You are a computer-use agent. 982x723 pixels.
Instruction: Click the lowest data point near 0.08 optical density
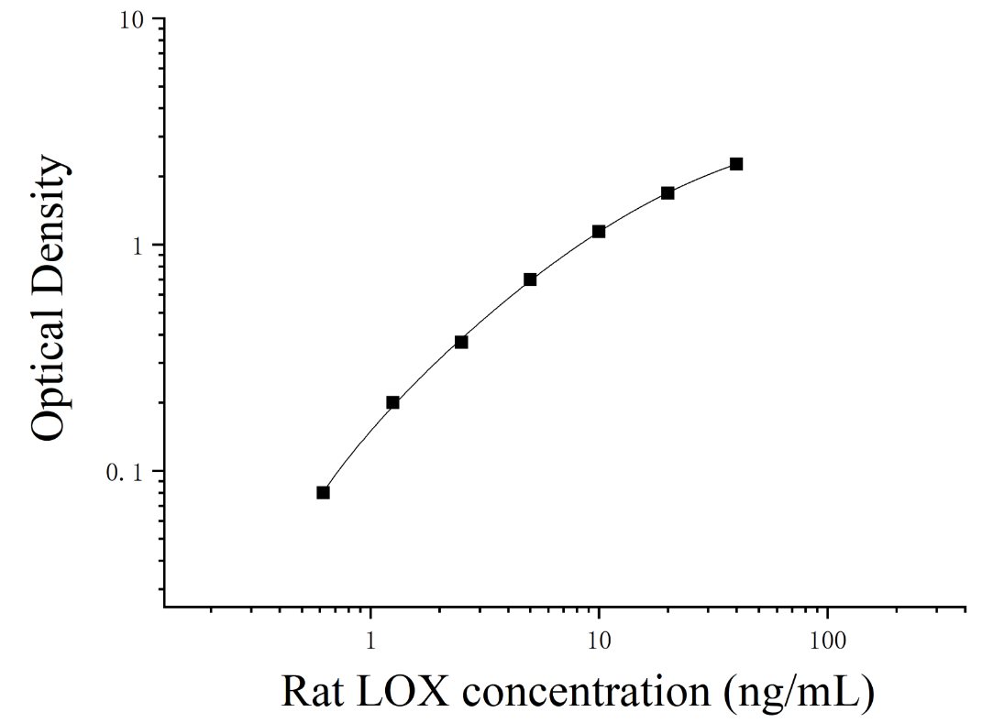point(323,493)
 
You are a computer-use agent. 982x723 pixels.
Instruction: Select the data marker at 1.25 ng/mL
point(392,402)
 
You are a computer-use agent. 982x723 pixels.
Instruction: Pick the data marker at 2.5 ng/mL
point(461,342)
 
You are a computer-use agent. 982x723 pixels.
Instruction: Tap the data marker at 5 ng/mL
point(531,279)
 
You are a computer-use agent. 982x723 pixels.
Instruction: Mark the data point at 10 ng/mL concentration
point(599,232)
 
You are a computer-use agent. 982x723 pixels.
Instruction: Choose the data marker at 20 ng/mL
point(668,192)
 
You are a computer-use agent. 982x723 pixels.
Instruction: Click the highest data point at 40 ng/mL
point(736,164)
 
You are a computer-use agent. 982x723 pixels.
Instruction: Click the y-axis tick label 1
point(138,246)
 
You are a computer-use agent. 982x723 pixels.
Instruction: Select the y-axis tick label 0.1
point(125,472)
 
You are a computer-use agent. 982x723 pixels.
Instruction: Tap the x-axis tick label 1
point(370,640)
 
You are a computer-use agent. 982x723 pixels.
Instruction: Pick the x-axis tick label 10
point(600,640)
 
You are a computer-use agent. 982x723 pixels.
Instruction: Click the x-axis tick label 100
point(827,640)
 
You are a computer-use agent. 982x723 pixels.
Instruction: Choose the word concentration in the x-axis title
point(587,693)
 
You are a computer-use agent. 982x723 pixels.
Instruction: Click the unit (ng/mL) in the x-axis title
point(800,694)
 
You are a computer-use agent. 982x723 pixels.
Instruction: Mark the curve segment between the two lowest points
point(357,445)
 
